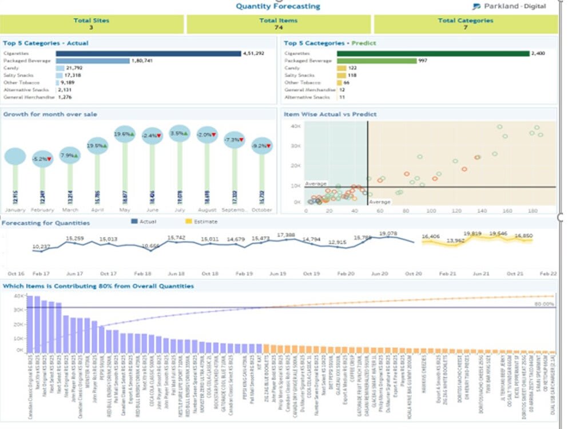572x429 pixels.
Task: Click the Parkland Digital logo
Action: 509,7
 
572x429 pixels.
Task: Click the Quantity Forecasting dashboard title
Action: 278,6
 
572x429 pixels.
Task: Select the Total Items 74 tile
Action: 279,24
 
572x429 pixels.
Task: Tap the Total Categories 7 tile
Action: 465,24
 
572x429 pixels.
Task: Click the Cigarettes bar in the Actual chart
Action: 148,54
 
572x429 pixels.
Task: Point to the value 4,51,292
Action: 253,54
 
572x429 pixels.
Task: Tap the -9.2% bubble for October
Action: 261,146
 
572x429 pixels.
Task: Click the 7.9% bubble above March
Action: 70,156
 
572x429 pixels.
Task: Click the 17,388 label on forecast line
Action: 286,235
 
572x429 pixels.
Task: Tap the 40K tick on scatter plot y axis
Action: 296,126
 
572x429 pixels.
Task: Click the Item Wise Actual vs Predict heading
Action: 330,114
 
